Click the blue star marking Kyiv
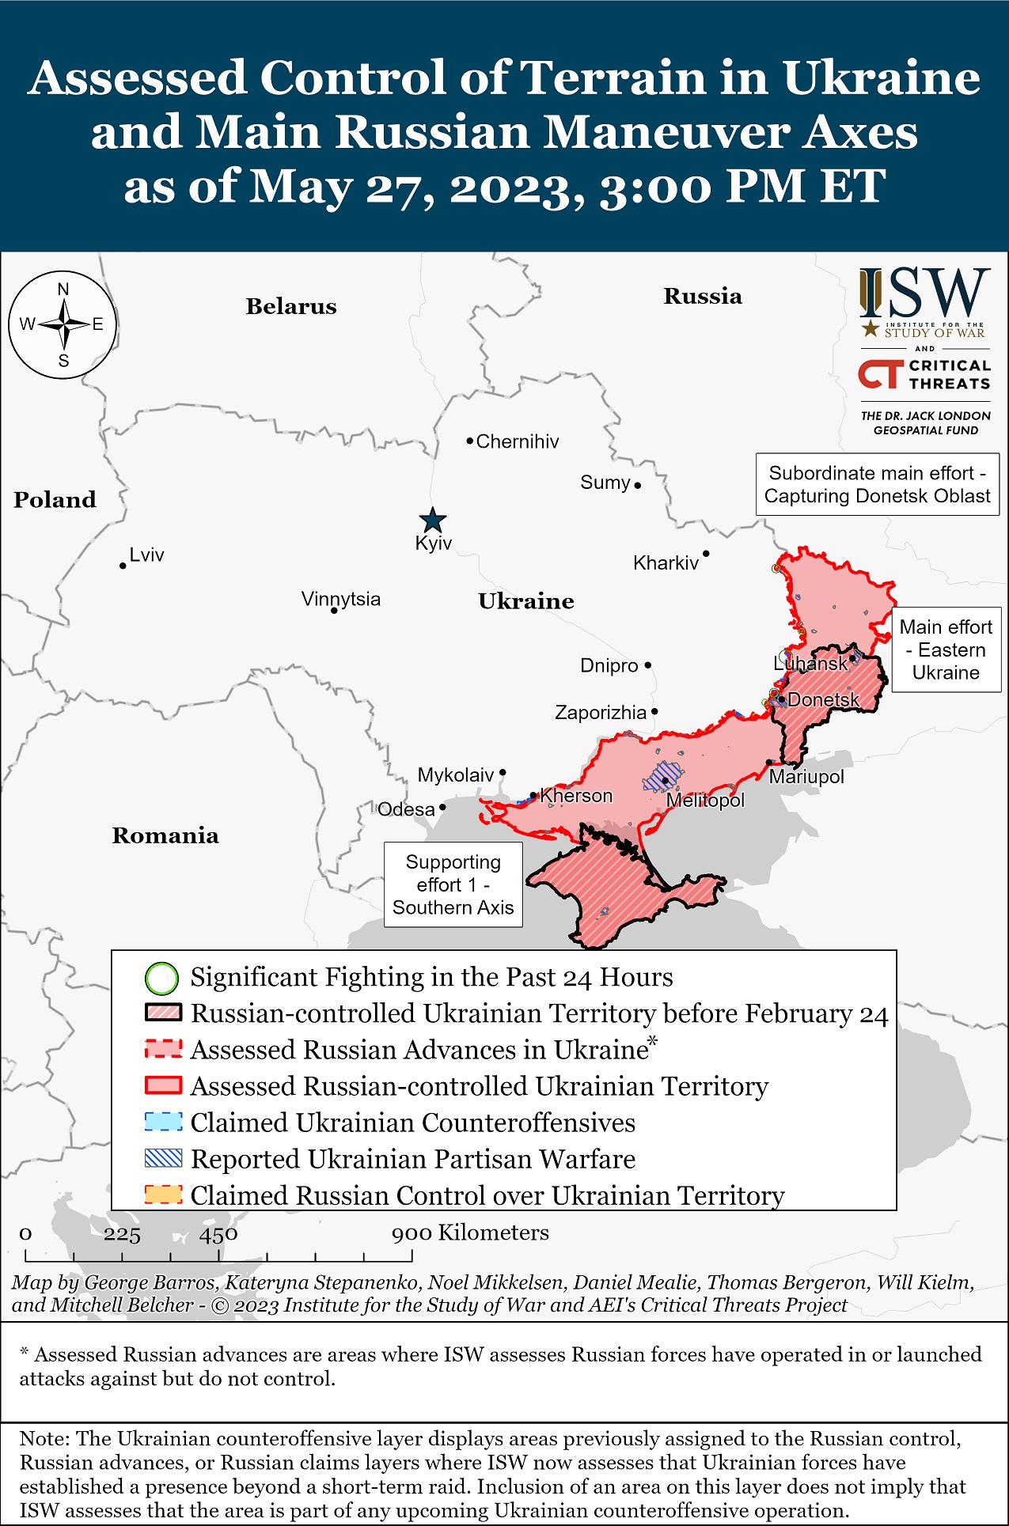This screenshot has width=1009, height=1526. point(432,521)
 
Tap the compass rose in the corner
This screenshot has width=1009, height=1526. point(63,324)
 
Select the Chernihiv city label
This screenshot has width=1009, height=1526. point(517,441)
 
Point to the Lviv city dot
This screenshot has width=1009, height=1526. point(123,566)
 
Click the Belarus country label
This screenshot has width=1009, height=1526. point(291,306)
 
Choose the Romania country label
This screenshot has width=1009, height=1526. point(165,835)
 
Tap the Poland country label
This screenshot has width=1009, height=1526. point(55,500)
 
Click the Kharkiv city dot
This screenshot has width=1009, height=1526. point(706,554)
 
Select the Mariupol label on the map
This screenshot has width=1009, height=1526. point(806,777)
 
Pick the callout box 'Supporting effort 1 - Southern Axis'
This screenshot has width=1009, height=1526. point(453,884)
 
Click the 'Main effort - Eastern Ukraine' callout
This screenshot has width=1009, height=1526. point(946,649)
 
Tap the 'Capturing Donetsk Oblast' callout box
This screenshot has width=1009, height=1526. point(877,484)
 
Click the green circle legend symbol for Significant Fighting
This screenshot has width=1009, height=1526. point(161,979)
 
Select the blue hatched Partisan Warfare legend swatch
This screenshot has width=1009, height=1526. point(164,1159)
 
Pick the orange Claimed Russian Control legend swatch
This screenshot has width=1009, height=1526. point(164,1195)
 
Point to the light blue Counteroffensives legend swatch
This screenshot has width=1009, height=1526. point(164,1123)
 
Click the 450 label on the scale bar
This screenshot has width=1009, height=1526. point(218,1234)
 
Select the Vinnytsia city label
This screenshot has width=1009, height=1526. point(340,599)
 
